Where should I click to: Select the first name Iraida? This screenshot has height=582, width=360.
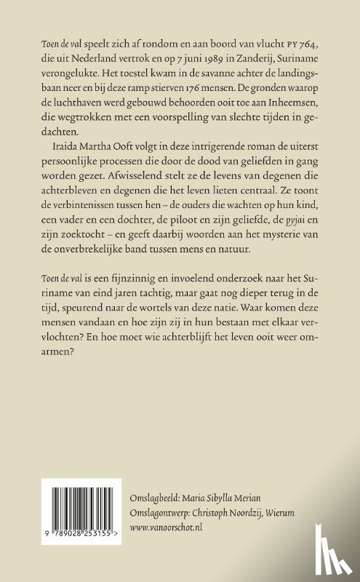click(61, 146)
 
